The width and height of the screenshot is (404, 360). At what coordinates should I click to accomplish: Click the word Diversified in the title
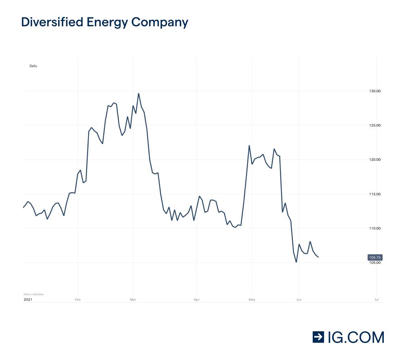click(46, 22)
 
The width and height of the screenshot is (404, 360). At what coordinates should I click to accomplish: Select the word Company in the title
click(159, 23)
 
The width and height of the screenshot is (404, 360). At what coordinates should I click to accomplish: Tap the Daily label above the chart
click(33, 66)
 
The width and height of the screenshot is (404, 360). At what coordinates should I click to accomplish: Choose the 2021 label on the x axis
click(28, 300)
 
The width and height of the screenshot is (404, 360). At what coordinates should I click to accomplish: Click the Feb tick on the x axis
click(78, 300)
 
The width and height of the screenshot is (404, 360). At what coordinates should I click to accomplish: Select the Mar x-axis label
click(133, 300)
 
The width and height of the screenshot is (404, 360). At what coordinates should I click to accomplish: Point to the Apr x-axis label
click(196, 300)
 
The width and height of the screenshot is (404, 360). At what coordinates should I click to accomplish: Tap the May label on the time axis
click(252, 300)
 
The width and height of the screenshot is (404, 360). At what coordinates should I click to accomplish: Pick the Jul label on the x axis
click(376, 300)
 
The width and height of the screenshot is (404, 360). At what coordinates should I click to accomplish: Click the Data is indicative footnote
click(34, 294)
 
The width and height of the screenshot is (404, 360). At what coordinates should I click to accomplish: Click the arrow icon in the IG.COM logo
click(319, 337)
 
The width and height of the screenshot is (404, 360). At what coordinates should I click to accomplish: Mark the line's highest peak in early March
click(139, 93)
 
